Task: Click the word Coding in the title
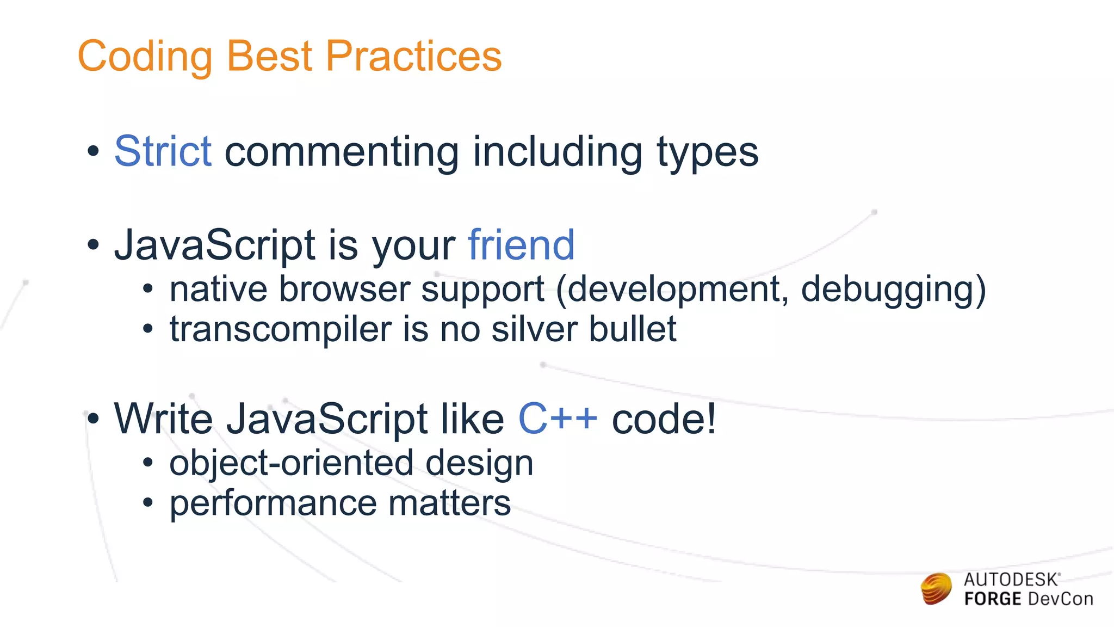point(145,57)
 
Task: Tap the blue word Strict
point(163,151)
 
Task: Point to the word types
point(707,153)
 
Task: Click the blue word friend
point(521,245)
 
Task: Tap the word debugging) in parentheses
point(893,290)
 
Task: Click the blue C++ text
point(558,419)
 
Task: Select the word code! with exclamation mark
point(664,419)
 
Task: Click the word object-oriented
point(291,463)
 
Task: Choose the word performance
point(273,504)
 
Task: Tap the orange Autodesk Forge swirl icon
point(936,589)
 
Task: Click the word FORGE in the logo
point(992,599)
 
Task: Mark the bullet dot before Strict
point(94,152)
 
